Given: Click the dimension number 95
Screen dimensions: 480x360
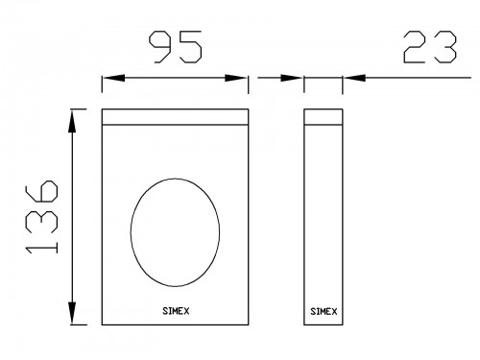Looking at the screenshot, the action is click(x=176, y=47).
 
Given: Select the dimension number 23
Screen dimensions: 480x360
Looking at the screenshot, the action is click(x=429, y=47).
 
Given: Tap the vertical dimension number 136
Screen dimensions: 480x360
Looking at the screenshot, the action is click(x=42, y=217).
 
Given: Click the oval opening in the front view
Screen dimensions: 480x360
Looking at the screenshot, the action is click(x=131, y=232).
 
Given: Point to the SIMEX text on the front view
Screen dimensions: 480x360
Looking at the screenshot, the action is click(x=176, y=311).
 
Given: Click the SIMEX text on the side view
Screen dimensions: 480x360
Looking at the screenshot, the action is click(x=324, y=311).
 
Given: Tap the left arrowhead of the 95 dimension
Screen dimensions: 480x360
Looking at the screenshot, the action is click(x=113, y=78).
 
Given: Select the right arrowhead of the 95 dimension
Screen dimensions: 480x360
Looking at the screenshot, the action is click(x=236, y=78).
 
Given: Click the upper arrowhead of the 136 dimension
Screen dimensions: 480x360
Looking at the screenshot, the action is click(x=73, y=121).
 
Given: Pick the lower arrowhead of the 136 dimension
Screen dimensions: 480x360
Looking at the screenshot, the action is click(x=73, y=313).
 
